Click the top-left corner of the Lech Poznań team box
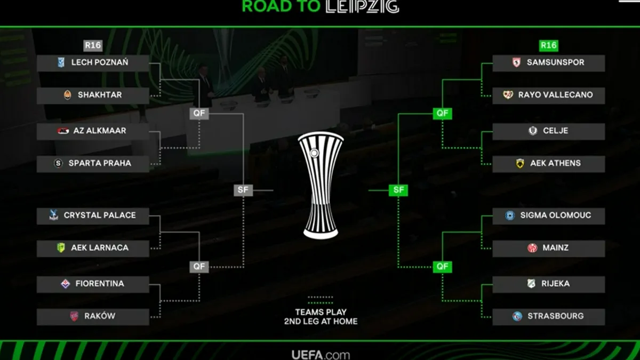(37, 55)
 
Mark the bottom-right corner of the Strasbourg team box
(605, 325)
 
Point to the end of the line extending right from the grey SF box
(274, 190)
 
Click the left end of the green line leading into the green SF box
(369, 190)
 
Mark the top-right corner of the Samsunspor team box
(605, 55)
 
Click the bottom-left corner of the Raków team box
(37, 325)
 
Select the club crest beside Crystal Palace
(53, 215)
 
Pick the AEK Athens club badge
(520, 163)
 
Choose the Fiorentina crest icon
(66, 284)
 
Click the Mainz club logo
(532, 247)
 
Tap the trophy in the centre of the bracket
(321, 185)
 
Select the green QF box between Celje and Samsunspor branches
(442, 114)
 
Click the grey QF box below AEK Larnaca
(199, 267)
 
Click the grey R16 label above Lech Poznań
(93, 45)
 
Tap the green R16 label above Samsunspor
(549, 45)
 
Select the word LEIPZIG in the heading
(362, 6)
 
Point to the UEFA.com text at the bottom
(321, 355)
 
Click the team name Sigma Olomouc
(555, 215)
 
